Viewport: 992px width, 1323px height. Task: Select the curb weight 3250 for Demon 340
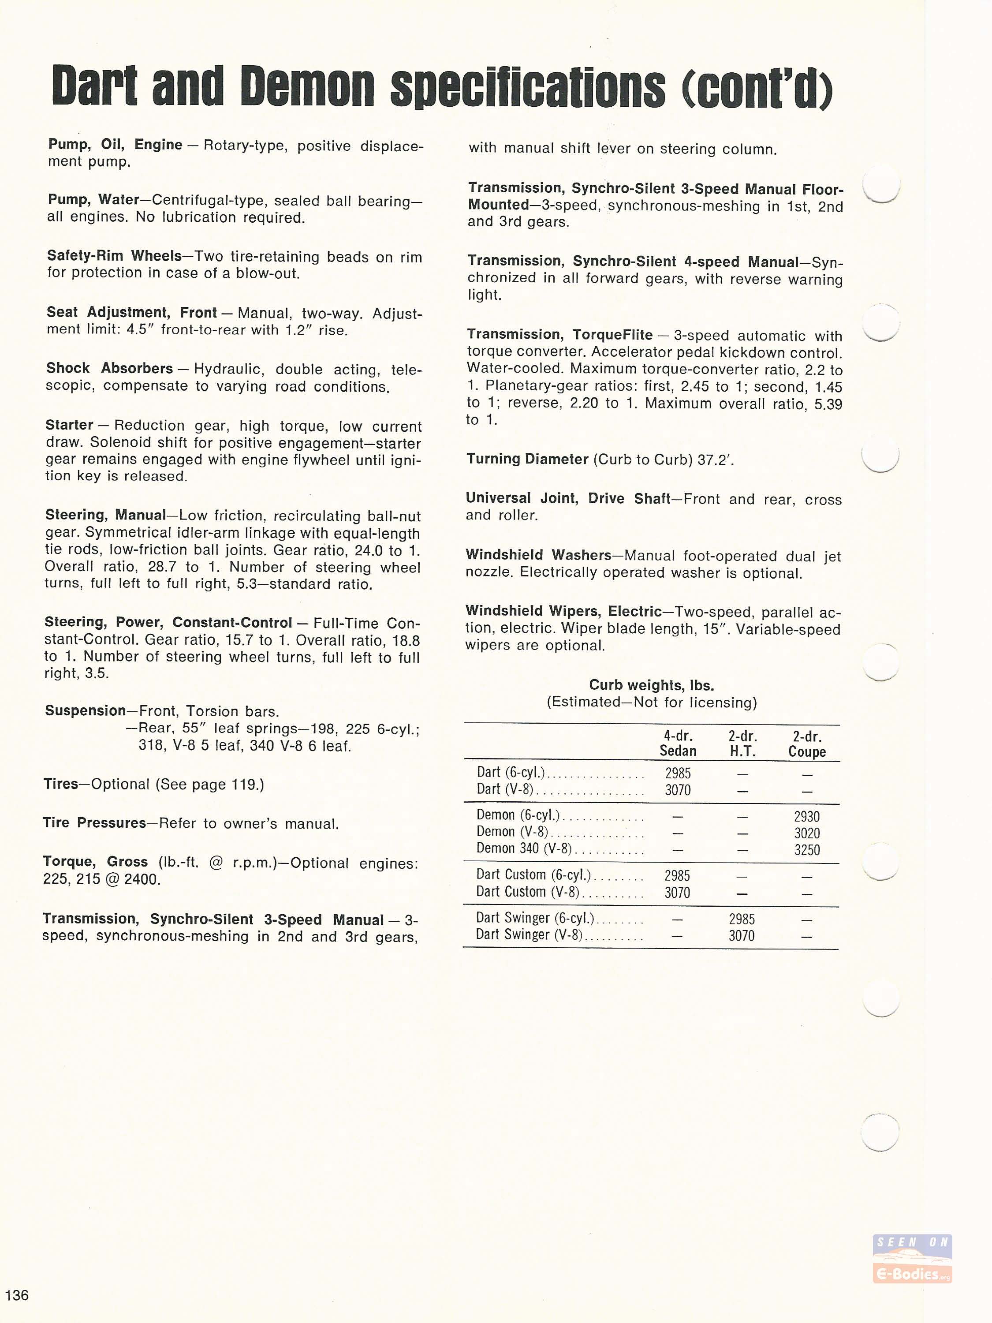(x=807, y=850)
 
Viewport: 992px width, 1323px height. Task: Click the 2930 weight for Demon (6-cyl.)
(x=807, y=816)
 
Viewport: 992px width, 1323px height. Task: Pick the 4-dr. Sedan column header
(x=678, y=744)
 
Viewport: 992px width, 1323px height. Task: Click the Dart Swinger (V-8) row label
(x=529, y=934)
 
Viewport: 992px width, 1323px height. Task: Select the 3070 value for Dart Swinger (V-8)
(x=742, y=935)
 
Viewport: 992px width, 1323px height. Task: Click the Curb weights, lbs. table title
(x=651, y=685)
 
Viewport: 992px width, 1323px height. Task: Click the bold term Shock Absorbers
(x=109, y=368)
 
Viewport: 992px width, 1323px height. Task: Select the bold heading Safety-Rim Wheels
(x=114, y=256)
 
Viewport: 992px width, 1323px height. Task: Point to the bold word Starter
(x=69, y=425)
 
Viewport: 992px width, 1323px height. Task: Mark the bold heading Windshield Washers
(x=538, y=555)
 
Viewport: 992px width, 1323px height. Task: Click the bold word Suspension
(x=85, y=710)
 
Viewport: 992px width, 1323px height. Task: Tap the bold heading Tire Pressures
(x=94, y=823)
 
